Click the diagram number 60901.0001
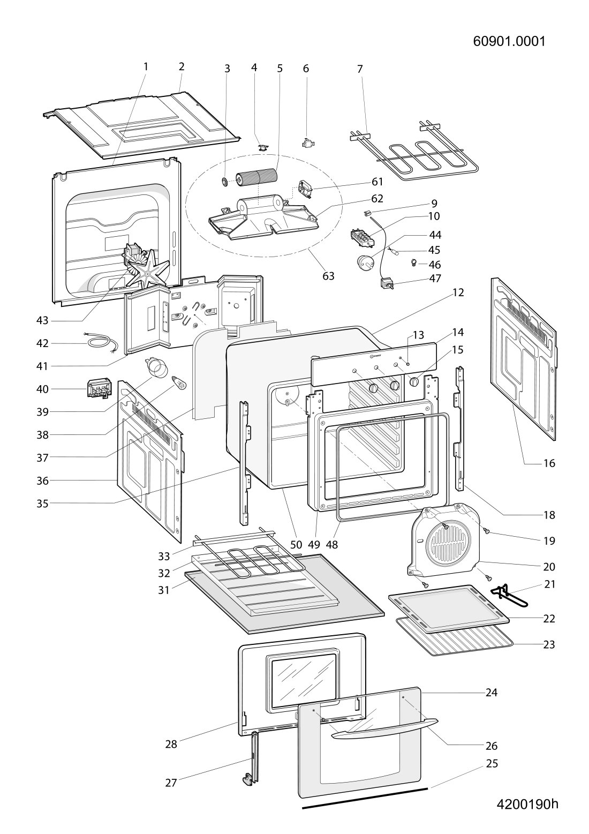(x=509, y=41)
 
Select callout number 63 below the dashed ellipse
(x=328, y=276)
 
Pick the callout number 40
(x=42, y=389)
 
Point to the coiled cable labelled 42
(x=101, y=343)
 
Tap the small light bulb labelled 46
(x=413, y=262)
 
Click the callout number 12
(x=458, y=292)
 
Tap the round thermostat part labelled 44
(x=365, y=262)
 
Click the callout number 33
(x=164, y=556)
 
